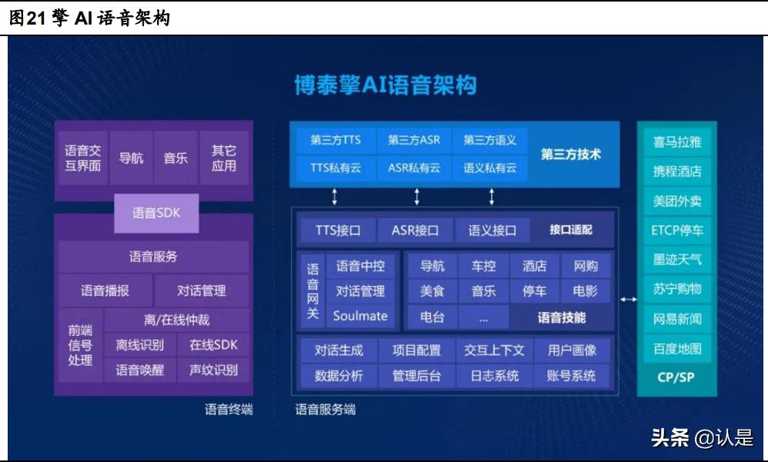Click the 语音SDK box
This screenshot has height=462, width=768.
coord(156,213)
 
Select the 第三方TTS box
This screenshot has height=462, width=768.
coord(336,140)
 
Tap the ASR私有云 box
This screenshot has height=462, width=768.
coord(414,168)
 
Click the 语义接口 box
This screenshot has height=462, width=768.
coord(489,230)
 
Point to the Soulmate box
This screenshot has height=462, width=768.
coord(360,316)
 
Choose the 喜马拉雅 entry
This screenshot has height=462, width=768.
coord(677,142)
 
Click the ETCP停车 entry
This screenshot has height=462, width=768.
coord(677,230)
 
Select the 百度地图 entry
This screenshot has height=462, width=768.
coord(677,348)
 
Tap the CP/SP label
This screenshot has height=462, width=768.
coord(677,377)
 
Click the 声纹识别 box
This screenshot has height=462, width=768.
coord(213,370)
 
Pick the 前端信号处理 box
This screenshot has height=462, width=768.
coord(80,345)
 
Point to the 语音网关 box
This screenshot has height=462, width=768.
coord(312,291)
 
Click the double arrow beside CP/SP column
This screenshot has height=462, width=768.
coord(628,299)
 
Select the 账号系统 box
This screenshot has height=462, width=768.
coord(571,376)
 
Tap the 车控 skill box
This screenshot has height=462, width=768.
coord(483,266)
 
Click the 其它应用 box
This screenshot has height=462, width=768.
coord(224,158)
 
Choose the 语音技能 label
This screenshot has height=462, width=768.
coord(561,317)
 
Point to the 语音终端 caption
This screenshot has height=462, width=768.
coord(229,410)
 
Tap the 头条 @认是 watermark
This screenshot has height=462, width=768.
coord(702,438)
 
